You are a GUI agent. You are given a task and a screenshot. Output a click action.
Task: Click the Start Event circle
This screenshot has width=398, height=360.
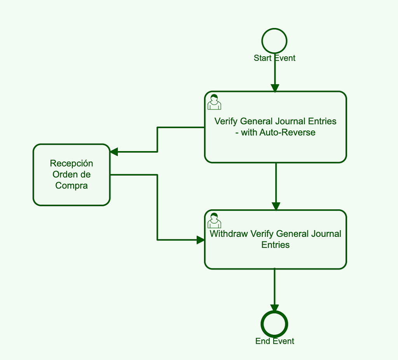pyautogui.click(x=274, y=40)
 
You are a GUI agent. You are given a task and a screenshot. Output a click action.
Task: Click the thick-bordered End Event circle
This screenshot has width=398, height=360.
pyautogui.click(x=274, y=324)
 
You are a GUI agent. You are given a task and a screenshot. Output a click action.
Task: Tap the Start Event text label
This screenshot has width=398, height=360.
pyautogui.click(x=274, y=58)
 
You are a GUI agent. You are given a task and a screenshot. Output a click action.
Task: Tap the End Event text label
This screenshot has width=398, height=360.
pyautogui.click(x=274, y=341)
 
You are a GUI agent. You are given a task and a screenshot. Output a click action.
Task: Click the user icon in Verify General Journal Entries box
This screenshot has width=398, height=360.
pyautogui.click(x=214, y=102)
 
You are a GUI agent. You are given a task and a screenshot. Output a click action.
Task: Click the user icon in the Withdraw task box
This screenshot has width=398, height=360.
pyautogui.click(x=214, y=221)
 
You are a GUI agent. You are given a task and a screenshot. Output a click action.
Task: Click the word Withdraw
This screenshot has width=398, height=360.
pyautogui.click(x=229, y=234)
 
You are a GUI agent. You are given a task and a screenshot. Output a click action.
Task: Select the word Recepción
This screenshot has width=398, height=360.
pyautogui.click(x=72, y=163)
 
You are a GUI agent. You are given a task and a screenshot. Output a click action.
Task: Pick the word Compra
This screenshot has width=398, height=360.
pyautogui.click(x=72, y=186)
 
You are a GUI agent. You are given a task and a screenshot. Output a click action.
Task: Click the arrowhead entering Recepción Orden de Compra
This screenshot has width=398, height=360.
pyautogui.click(x=114, y=152)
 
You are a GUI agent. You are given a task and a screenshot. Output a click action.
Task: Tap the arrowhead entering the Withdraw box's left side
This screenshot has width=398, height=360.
pyautogui.click(x=201, y=240)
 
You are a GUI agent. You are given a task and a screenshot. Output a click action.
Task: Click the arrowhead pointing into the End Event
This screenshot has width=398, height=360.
pyautogui.click(x=274, y=308)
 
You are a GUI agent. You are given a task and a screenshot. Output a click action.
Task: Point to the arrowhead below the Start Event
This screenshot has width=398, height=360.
pyautogui.click(x=275, y=88)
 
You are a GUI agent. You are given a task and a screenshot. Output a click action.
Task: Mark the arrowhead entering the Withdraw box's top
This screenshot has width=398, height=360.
pyautogui.click(x=276, y=207)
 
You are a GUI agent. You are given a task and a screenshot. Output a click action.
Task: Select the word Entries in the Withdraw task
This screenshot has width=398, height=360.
pyautogui.click(x=276, y=245)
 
